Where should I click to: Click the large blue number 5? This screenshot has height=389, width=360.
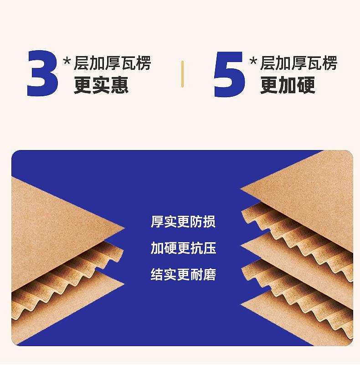tap(229, 74)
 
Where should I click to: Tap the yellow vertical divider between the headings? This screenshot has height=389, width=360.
tap(182, 74)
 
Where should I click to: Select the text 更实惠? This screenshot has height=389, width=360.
tap(101, 85)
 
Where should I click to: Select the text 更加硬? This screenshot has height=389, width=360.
tap(288, 85)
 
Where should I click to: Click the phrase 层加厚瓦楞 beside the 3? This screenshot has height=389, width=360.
tap(112, 63)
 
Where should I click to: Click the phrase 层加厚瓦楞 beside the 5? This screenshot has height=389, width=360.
tap(298, 63)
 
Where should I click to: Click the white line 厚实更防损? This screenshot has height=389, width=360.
tap(183, 222)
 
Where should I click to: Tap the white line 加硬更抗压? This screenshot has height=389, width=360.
tap(183, 248)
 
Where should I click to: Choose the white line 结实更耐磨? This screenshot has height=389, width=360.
tap(183, 275)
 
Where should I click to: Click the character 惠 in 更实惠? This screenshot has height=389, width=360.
tap(119, 85)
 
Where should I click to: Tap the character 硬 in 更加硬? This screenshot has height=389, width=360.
tap(306, 85)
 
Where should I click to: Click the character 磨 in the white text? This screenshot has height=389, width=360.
tap(209, 275)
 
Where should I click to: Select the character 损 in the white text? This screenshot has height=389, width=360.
tap(209, 222)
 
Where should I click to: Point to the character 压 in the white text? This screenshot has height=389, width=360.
tap(209, 248)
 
